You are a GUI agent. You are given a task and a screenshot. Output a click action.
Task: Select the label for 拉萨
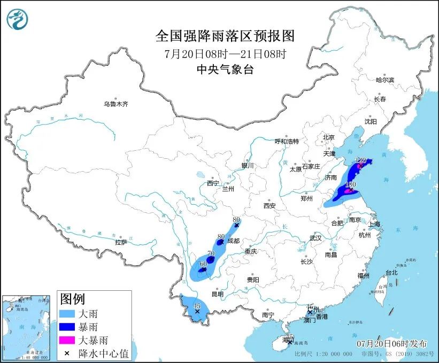[x=121, y=242]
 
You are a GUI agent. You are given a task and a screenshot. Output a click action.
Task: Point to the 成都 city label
[x=233, y=241]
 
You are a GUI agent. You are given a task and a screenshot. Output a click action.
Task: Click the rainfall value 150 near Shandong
[x=351, y=184]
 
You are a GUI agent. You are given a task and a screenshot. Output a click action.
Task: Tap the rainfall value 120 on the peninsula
[x=361, y=160]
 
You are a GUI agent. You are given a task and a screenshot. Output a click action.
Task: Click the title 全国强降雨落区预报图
[x=225, y=36]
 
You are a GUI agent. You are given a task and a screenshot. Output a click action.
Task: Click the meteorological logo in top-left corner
[x=18, y=20]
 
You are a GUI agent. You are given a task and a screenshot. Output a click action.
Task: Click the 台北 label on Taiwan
[x=391, y=272]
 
